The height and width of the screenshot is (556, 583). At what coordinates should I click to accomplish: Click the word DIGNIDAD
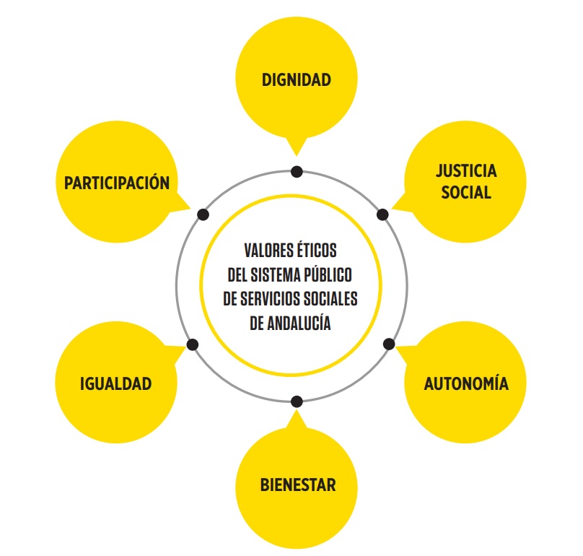pyautogui.click(x=297, y=79)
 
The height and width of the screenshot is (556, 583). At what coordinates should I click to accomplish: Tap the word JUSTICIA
pyautogui.click(x=466, y=171)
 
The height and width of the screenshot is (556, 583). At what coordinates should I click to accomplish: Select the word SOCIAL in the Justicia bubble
pyautogui.click(x=466, y=193)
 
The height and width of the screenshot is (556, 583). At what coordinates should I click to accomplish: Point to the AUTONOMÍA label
pyautogui.click(x=466, y=383)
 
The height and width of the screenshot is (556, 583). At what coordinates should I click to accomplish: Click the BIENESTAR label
pyautogui.click(x=297, y=485)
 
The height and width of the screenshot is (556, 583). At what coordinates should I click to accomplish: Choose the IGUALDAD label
pyautogui.click(x=115, y=383)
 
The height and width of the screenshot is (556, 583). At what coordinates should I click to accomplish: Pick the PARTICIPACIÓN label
pyautogui.click(x=117, y=183)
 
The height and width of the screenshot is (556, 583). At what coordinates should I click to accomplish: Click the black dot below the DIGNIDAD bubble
pyautogui.click(x=297, y=172)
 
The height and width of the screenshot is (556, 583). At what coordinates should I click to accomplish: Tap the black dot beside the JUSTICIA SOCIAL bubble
pyautogui.click(x=382, y=214)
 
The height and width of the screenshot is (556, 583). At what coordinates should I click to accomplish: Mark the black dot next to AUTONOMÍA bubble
pyautogui.click(x=388, y=343)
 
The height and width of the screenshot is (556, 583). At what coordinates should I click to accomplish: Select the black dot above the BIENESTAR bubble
pyautogui.click(x=297, y=401)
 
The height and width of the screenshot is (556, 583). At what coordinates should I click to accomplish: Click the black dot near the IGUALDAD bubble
pyautogui.click(x=193, y=344)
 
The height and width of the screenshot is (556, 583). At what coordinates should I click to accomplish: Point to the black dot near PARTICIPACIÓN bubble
pyautogui.click(x=203, y=214)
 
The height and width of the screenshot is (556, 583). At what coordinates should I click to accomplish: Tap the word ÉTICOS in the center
pyautogui.click(x=319, y=251)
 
